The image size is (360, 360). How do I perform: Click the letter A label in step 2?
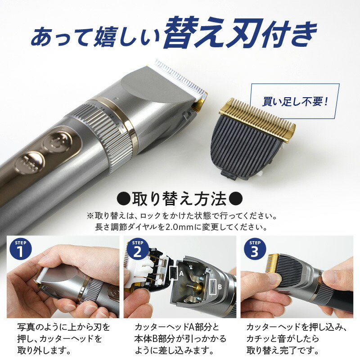pyautogui.click(x=181, y=274)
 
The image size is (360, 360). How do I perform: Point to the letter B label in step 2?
pyautogui.click(x=220, y=287)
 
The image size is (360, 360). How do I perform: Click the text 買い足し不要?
pyautogui.click(x=295, y=102)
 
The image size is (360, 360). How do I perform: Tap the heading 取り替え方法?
pyautogui.click(x=180, y=199)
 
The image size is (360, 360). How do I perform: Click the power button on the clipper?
pyautogui.click(x=57, y=142)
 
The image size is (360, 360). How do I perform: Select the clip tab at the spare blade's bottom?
pyautogui.click(x=229, y=175)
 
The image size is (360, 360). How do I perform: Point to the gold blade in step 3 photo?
pyautogui.click(x=273, y=265)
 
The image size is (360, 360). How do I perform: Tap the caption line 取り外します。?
pyautogui.click(x=44, y=351)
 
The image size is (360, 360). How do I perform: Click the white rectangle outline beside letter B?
pyautogui.click(x=213, y=287)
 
